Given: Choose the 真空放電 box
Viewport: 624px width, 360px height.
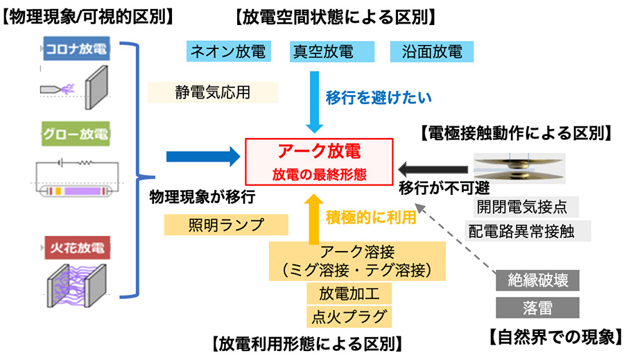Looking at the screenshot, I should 322,51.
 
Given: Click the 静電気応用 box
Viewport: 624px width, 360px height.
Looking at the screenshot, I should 212,92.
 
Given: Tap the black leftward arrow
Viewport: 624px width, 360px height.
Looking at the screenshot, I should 433,166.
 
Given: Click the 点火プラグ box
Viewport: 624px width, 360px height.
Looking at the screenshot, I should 345,316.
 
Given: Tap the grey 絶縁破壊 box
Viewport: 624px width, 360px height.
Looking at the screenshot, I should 537,281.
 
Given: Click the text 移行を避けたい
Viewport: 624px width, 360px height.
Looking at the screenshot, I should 379,98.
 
